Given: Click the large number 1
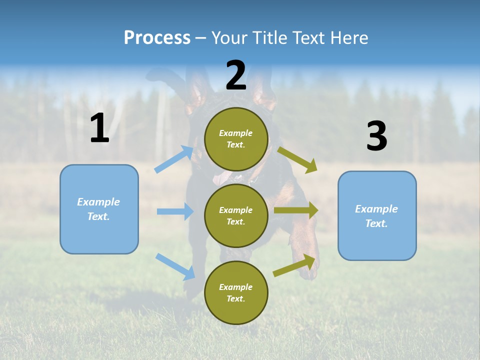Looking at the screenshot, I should tap(99, 128).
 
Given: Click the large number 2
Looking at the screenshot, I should tap(236, 75).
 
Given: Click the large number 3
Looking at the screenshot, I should tap(376, 136).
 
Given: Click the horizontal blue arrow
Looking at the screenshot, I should tap(175, 211).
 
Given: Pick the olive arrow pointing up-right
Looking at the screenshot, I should tap(295, 265).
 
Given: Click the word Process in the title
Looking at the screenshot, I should tap(157, 37).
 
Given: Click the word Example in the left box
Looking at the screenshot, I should tap(98, 202).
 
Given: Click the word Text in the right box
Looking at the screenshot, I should tap(376, 223).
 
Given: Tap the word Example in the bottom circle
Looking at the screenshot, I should tap(236, 287).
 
